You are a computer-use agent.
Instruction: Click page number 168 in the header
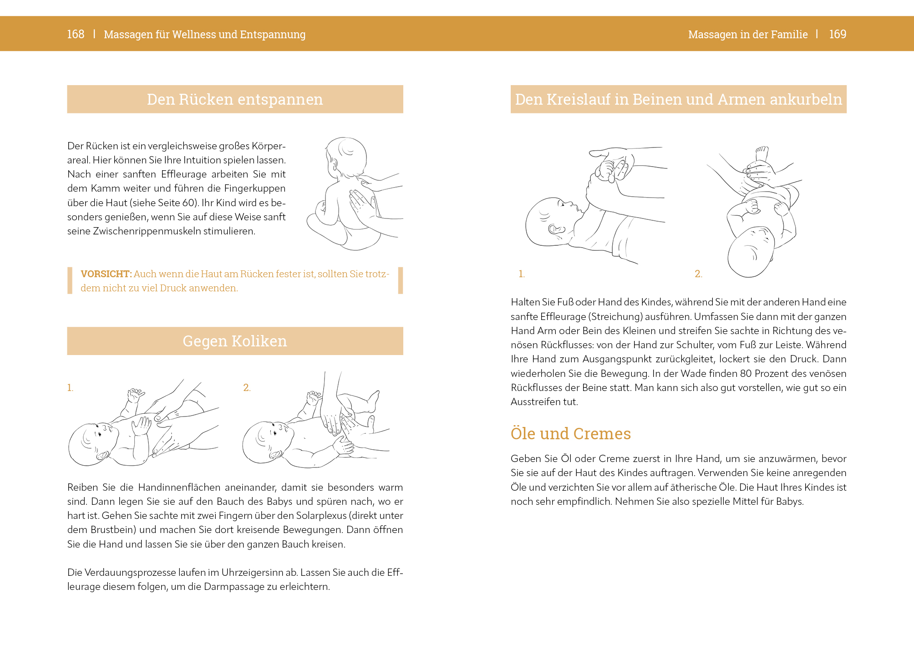click(x=76, y=34)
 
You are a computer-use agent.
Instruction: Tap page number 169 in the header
click(x=838, y=34)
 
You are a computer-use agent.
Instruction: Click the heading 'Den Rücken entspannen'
click(x=235, y=99)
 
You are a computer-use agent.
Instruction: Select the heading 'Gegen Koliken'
click(x=235, y=341)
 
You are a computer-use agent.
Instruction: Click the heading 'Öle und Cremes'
click(x=570, y=434)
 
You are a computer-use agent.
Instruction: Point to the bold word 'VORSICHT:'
click(x=106, y=274)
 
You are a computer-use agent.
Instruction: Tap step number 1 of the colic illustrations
click(x=70, y=388)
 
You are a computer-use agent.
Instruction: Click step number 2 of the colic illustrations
click(x=247, y=388)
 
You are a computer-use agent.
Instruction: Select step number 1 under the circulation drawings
click(x=522, y=274)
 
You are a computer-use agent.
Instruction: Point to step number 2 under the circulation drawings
click(x=698, y=274)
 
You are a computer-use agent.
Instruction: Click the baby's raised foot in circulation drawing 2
click(x=762, y=154)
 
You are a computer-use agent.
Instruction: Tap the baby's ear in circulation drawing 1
click(x=555, y=229)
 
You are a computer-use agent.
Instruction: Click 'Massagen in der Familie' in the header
click(x=747, y=35)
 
